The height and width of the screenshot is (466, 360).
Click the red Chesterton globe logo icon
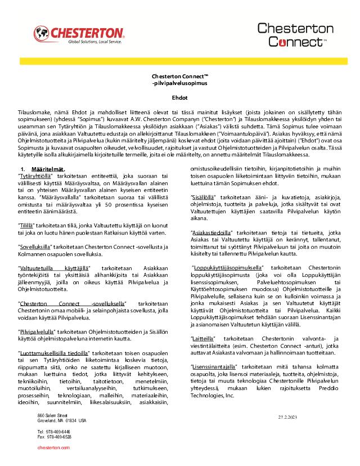[x=42, y=34]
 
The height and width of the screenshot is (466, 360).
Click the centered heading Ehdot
[x=180, y=97]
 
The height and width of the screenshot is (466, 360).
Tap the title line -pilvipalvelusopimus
[x=180, y=83]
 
